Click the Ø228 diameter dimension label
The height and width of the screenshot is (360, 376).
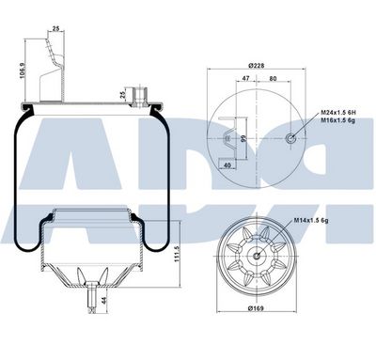coord(256,66)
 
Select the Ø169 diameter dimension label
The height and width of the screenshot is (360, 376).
coord(256,308)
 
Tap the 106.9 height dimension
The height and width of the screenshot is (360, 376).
coord(22,70)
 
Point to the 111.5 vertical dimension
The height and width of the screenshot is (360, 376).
coord(177,254)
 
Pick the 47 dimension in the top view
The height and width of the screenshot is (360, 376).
coord(246,78)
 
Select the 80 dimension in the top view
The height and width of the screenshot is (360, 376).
coord(273,78)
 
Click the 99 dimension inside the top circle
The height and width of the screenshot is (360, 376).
coord(243,138)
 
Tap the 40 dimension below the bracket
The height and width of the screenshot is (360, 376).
coord(227,165)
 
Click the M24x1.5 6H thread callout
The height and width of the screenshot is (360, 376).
coord(337,113)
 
